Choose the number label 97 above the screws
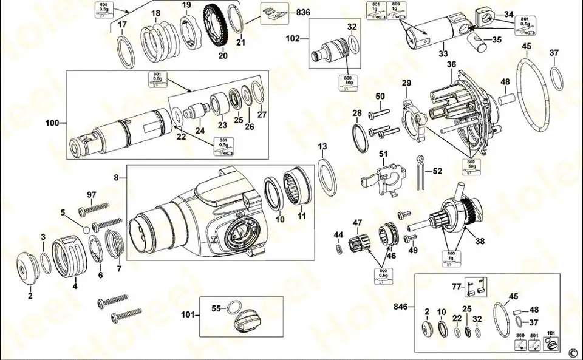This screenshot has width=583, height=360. point(92,194)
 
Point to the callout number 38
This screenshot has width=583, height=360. point(480,240)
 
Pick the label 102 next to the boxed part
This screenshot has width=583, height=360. point(293,38)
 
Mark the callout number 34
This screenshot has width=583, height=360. point(509,13)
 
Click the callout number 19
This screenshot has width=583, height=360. point(186,5)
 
